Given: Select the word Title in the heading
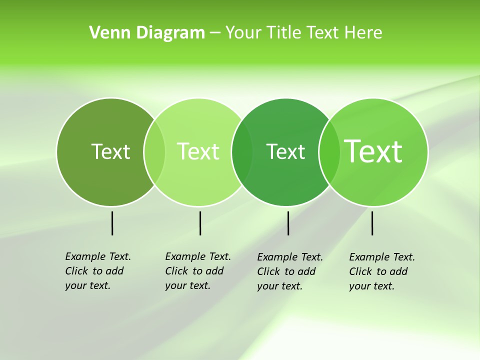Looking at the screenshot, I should [x=284, y=32].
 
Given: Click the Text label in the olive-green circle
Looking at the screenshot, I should [x=110, y=151].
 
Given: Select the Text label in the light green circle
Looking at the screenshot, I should [x=198, y=151].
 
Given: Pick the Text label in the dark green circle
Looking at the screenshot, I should [x=285, y=151].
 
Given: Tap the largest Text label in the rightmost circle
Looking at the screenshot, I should [x=373, y=151].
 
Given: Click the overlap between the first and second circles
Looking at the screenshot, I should [x=154, y=151].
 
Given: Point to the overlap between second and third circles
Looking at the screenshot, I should [x=242, y=151].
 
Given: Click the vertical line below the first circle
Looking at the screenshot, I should [x=112, y=223].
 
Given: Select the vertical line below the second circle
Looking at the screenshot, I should [x=200, y=223].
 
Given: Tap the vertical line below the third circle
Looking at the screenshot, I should [x=288, y=223].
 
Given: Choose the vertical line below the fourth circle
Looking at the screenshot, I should [x=372, y=223].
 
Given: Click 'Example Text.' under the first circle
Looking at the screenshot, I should [x=98, y=256].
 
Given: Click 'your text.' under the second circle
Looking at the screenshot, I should [x=187, y=285].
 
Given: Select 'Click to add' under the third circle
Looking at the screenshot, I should [x=286, y=271].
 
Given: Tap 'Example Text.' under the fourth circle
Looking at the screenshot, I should [x=382, y=257].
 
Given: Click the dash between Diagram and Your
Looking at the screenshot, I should [x=215, y=33].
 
